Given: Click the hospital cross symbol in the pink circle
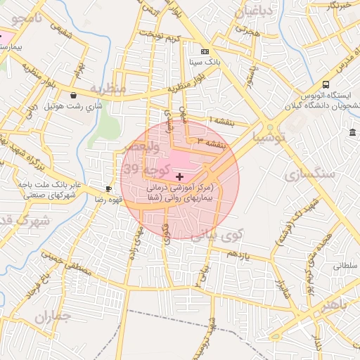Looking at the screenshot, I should [180, 176].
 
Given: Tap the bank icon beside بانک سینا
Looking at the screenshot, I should [205, 51].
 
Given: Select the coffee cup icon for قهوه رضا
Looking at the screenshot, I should [108, 188].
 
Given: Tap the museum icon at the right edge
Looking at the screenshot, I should [352, 133].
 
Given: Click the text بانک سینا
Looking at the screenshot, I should [205, 62].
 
